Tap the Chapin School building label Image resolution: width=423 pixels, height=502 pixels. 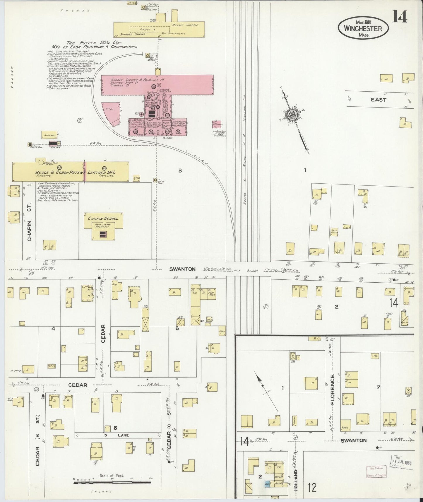(103, 218)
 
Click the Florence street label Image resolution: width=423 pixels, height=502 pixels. (332, 390)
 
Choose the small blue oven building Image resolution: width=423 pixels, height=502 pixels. (268, 484)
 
